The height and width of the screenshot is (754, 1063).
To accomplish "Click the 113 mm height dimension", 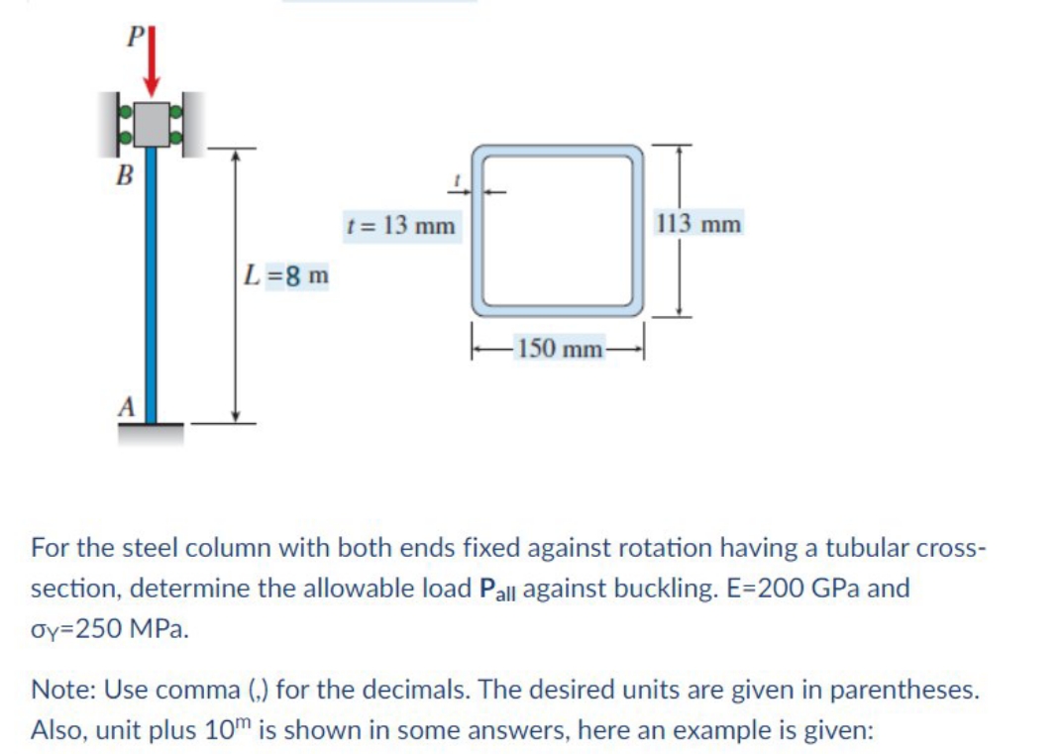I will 698,224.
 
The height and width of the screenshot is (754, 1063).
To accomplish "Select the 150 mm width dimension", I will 560,348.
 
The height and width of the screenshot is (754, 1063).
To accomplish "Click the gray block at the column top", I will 153,122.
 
